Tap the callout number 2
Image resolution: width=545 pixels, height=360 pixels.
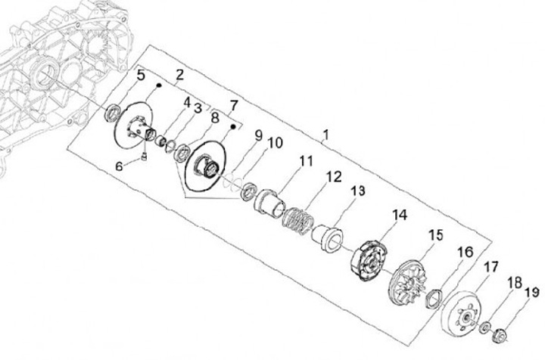(x=179, y=74)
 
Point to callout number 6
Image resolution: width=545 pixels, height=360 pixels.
(x=119, y=166)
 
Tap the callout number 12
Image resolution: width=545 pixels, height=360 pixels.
(x=334, y=176)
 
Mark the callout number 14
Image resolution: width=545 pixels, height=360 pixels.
(x=399, y=215)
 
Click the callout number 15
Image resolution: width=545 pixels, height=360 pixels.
(x=435, y=234)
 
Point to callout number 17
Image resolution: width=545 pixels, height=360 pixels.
(x=491, y=266)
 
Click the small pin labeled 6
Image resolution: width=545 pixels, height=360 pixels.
(x=142, y=156)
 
